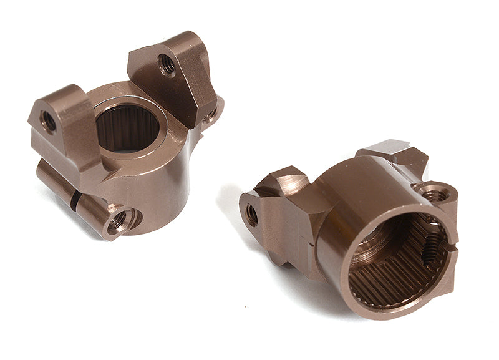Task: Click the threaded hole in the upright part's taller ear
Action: click(167, 64)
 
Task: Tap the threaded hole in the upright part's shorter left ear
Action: click(48, 120)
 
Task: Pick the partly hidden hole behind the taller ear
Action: click(212, 113)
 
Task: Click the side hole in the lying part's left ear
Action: click(252, 215)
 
